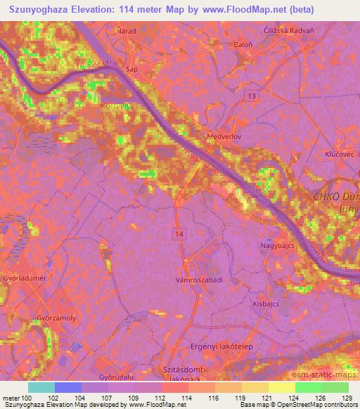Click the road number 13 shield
[x=251, y=95]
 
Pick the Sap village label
[x=130, y=70]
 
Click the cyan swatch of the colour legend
[x=41, y=387]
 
